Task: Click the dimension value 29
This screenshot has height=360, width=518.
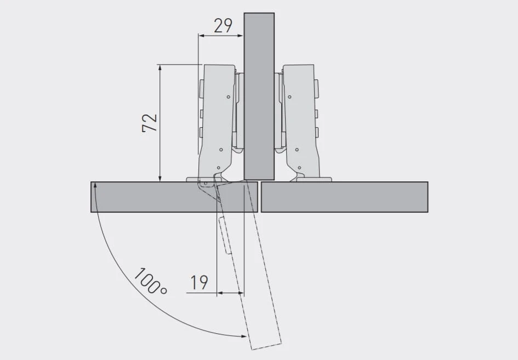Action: pyautogui.click(x=223, y=26)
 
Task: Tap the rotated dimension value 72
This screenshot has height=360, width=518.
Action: pyautogui.click(x=150, y=123)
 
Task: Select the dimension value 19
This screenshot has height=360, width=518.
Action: pyautogui.click(x=199, y=283)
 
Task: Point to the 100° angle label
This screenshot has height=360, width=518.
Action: pyautogui.click(x=150, y=281)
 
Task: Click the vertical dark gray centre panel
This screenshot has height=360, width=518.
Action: pyautogui.click(x=259, y=96)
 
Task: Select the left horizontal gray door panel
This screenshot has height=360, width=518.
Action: pyautogui.click(x=174, y=197)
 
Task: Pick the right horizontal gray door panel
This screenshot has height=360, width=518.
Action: pyautogui.click(x=345, y=197)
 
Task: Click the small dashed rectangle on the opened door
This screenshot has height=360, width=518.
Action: pyautogui.click(x=225, y=236)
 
